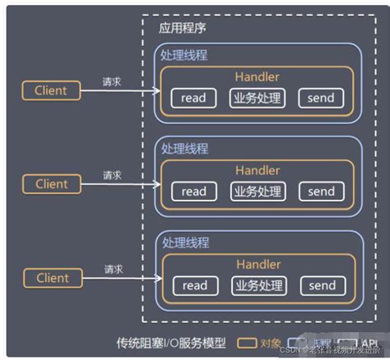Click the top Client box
[51, 90]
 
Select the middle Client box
[51, 184]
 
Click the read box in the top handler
[193, 99]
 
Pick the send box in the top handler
[320, 99]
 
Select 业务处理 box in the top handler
[256, 99]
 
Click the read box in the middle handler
[193, 192]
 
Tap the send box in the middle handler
[320, 192]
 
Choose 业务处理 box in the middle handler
[256, 192]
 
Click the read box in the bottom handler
[194, 285]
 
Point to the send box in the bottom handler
[321, 285]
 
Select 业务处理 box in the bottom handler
[257, 285]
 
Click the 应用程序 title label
[183, 27]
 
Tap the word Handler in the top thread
[257, 77]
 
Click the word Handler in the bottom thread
[258, 264]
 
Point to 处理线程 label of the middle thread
[185, 148]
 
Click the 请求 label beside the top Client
[112, 82]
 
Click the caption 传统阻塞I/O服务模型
[169, 342]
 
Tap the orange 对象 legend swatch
[247, 343]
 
